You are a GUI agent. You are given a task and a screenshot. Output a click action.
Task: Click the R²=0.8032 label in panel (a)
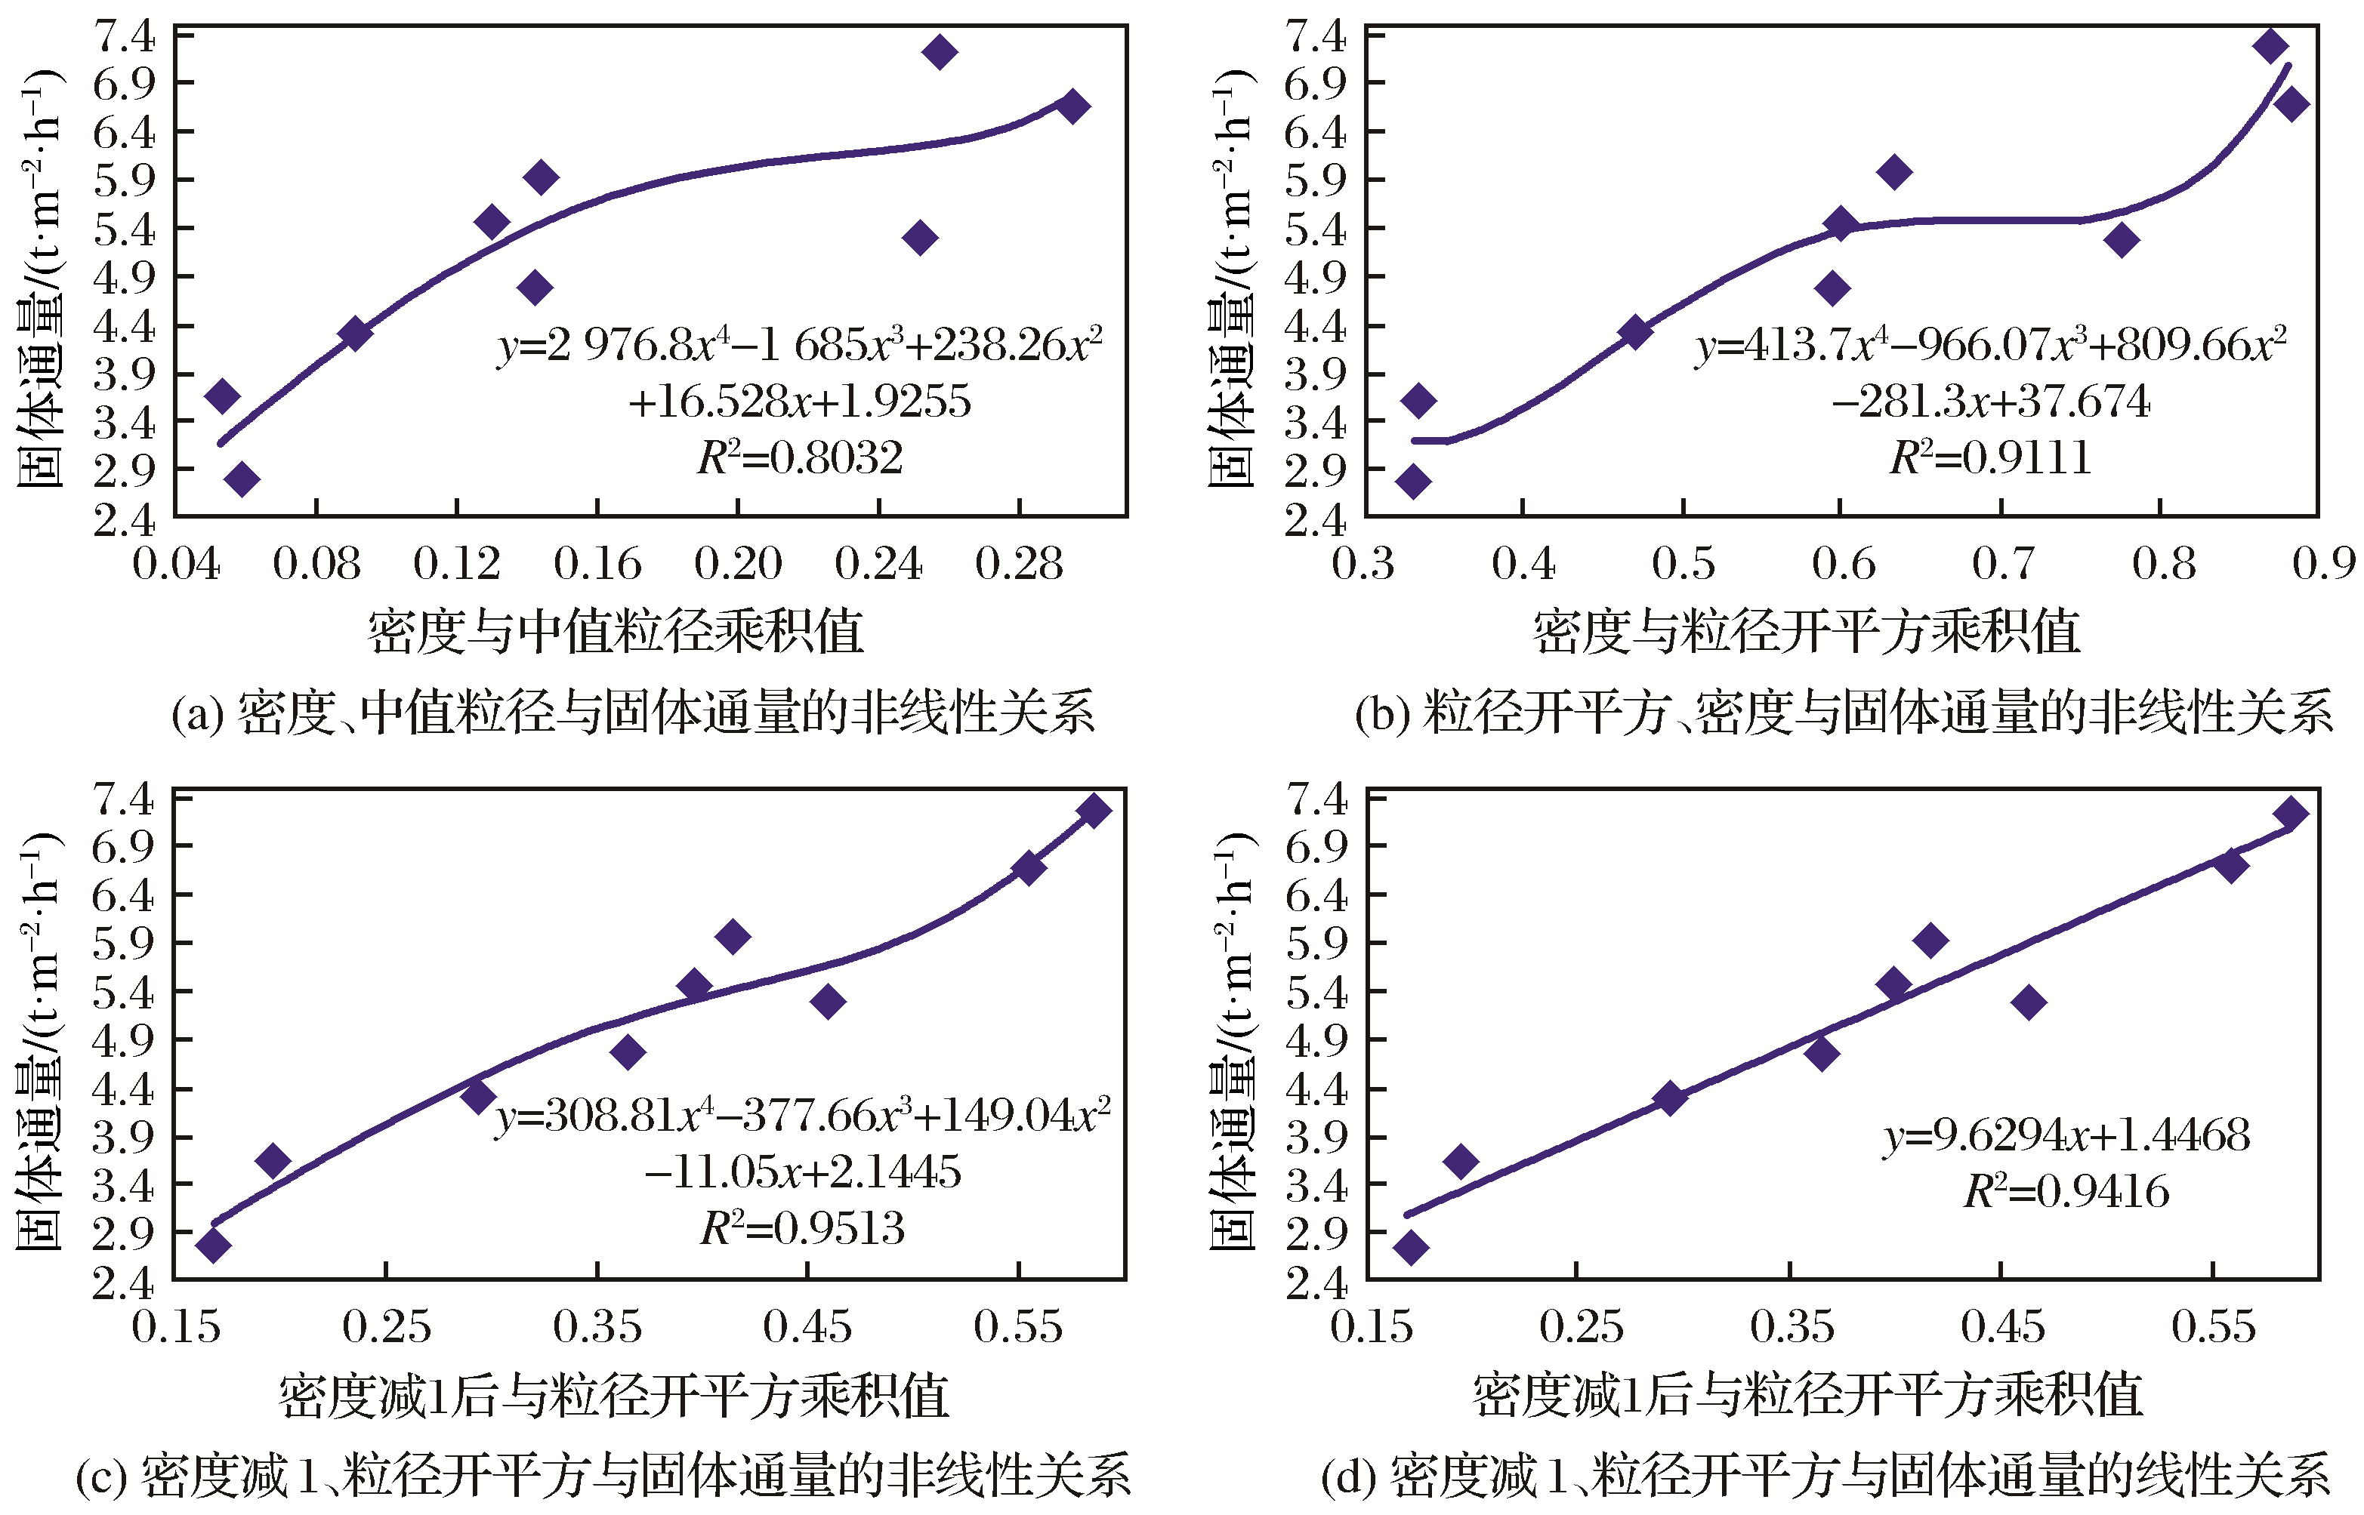(x=799, y=457)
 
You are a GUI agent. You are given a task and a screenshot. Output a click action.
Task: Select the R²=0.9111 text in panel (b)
(x=1990, y=457)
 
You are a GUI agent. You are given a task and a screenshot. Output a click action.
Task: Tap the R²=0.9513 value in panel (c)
(x=802, y=1227)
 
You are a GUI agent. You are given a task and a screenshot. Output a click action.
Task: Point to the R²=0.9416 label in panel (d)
(x=2066, y=1191)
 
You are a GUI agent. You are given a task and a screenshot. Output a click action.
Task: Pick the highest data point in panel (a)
(x=940, y=51)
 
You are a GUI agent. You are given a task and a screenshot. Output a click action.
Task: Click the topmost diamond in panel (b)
(x=2270, y=45)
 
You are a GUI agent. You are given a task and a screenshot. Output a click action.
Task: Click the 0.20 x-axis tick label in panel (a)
(x=737, y=565)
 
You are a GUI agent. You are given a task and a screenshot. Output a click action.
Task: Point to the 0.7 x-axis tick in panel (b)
(x=2001, y=565)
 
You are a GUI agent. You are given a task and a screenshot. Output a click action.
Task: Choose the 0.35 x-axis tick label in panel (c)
(x=597, y=1327)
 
